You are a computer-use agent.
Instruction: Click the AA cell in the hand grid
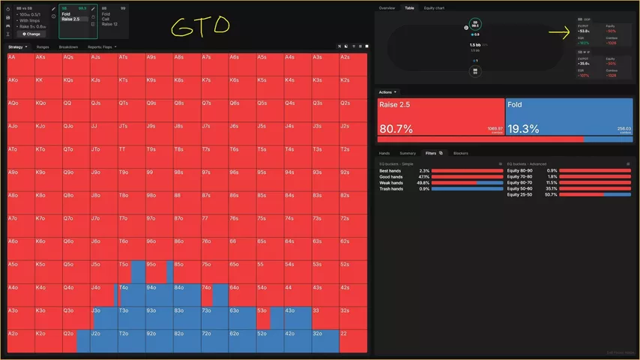pyautogui.click(x=19, y=64)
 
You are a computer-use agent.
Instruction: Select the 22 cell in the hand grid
pyautogui.click(x=354, y=340)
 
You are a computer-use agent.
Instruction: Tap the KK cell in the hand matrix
pyautogui.click(x=47, y=87)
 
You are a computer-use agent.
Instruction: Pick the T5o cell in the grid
pyautogui.click(x=131, y=271)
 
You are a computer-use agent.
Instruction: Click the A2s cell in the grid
pyautogui.click(x=354, y=64)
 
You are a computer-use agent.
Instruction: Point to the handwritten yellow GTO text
pyautogui.click(x=199, y=26)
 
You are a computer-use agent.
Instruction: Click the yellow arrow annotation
pyautogui.click(x=561, y=32)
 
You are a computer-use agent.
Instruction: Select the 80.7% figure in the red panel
pyautogui.click(x=397, y=129)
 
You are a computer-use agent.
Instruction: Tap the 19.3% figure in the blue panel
pyautogui.click(x=524, y=129)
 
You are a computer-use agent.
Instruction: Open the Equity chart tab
pyautogui.click(x=434, y=7)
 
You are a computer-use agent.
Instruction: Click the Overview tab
pyautogui.click(x=387, y=7)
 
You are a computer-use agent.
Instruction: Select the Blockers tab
pyautogui.click(x=460, y=153)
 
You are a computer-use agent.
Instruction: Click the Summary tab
pyautogui.click(x=408, y=153)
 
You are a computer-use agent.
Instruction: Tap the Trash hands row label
pyautogui.click(x=391, y=188)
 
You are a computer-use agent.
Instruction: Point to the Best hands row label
pyautogui.click(x=390, y=170)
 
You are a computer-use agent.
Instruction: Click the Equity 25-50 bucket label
pyautogui.click(x=519, y=194)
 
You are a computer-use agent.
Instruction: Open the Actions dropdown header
pyautogui.click(x=389, y=91)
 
